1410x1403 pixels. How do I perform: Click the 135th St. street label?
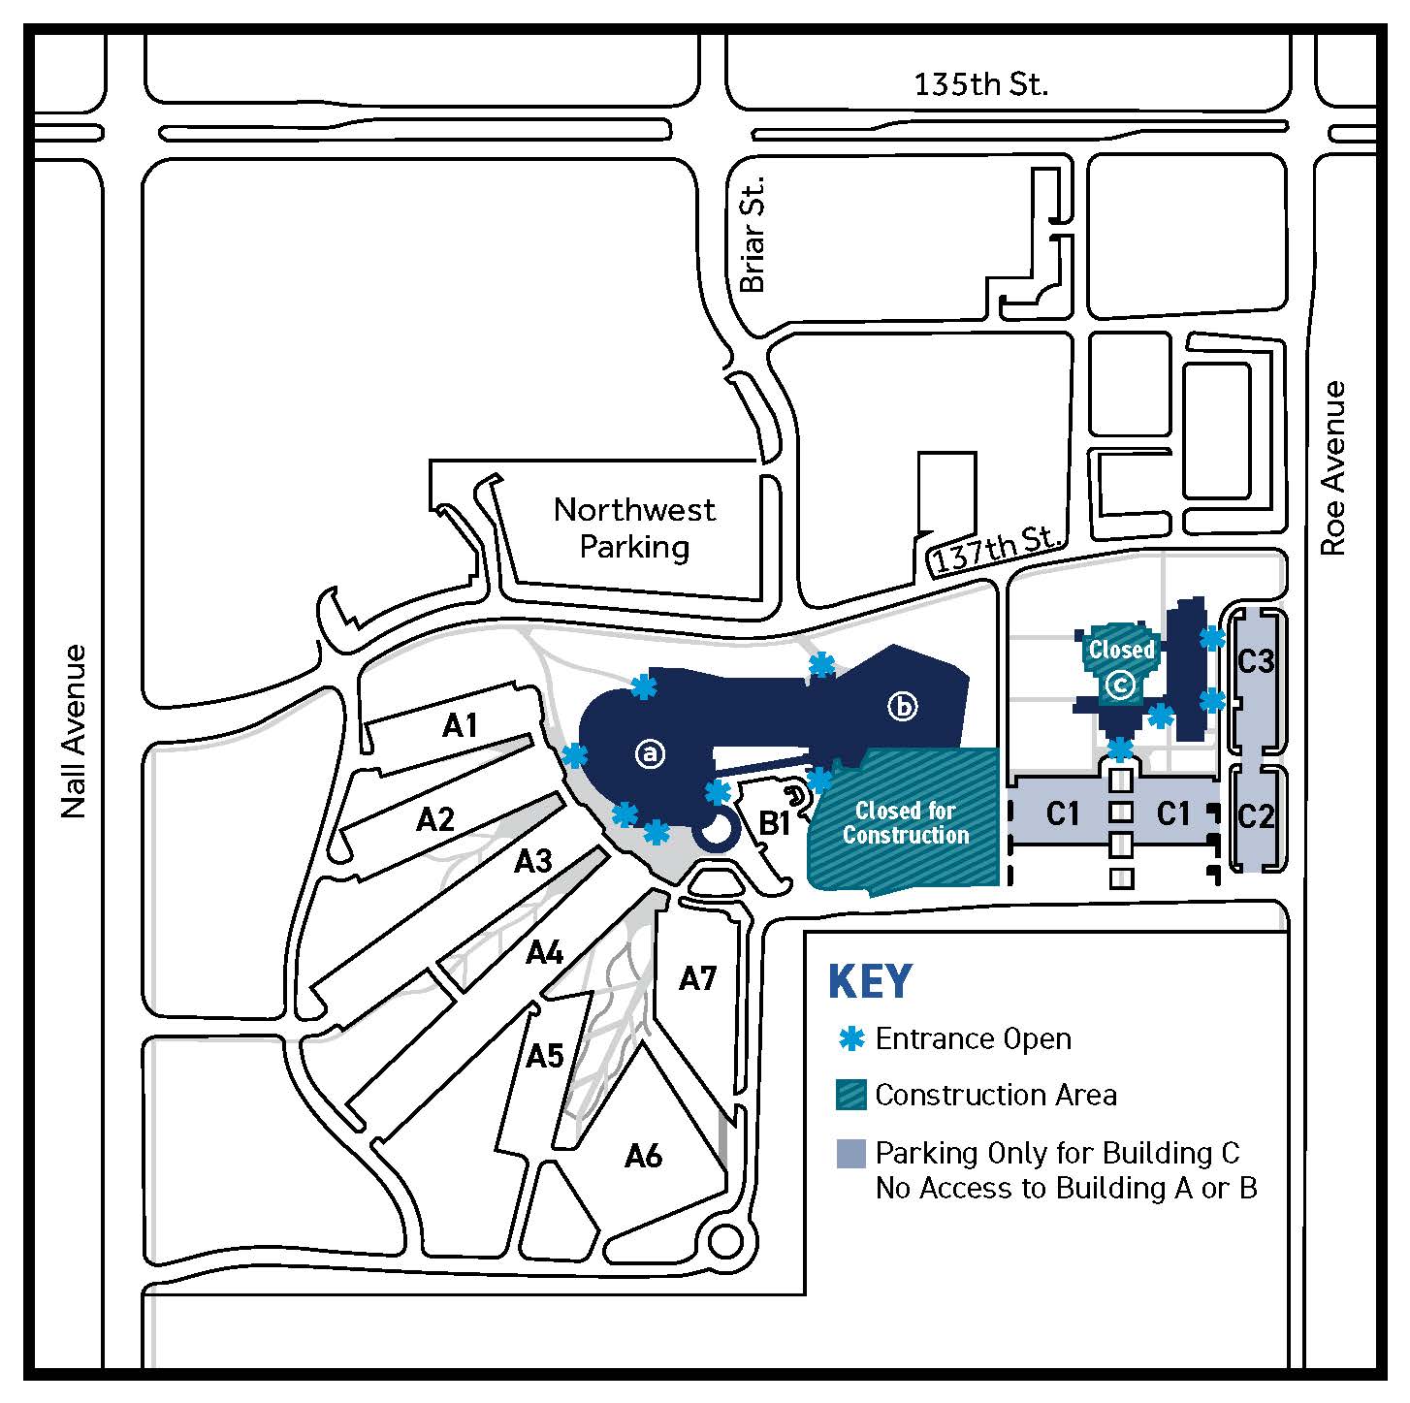[980, 84]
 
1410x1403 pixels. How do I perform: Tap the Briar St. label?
[753, 235]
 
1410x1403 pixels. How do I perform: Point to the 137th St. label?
[996, 550]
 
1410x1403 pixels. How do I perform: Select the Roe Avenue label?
[1334, 467]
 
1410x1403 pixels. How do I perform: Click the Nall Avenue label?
[74, 731]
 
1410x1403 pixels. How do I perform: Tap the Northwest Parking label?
[634, 527]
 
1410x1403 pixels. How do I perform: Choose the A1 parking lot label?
[460, 725]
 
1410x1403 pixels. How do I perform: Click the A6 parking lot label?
[643, 1155]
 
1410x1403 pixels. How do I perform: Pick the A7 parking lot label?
[696, 978]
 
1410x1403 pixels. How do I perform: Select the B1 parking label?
[774, 824]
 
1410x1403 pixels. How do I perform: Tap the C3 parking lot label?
[1256, 661]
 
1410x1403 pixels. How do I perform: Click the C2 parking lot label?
[1256, 816]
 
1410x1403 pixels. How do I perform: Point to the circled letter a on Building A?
[651, 752]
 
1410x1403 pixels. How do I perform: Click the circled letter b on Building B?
[902, 707]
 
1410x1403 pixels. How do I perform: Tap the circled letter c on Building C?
[1120, 686]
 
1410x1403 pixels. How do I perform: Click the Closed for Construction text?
[905, 822]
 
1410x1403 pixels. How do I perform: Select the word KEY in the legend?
[870, 982]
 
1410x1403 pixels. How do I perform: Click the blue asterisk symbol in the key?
[850, 1038]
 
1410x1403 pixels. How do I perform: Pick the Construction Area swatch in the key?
[850, 1095]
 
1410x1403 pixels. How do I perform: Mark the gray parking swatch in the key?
[850, 1153]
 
